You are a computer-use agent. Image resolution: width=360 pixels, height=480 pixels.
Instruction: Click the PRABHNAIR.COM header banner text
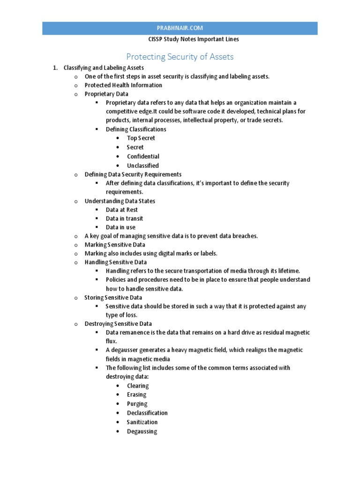point(180,28)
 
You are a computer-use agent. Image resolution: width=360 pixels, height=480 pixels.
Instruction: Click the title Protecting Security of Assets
point(180,57)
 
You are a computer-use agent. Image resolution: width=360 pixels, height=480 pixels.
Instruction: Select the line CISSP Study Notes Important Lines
point(180,39)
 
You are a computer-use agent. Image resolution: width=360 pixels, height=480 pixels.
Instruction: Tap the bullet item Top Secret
point(141,138)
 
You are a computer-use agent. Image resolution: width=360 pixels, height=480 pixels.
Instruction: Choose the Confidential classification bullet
point(143,157)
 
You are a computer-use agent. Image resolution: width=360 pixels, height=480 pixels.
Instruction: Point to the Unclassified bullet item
point(142,165)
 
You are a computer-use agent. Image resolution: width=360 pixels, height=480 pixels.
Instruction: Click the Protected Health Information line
point(123,85)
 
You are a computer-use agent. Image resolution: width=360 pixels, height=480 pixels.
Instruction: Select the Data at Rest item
point(121,210)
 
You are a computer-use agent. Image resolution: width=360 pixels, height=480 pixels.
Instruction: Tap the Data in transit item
point(124,218)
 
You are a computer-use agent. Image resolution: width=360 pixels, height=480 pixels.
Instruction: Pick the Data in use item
point(120,227)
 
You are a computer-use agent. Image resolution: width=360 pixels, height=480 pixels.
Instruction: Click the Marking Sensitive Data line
point(115,245)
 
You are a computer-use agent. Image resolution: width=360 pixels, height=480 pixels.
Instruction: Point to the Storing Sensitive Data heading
point(113,298)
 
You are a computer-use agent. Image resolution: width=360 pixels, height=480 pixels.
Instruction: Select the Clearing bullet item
point(138,386)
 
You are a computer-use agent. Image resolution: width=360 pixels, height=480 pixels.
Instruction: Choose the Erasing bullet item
point(136,395)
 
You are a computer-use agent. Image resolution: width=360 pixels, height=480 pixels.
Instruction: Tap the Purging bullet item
point(137,404)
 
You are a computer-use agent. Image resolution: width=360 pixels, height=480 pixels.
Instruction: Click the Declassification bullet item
point(147,413)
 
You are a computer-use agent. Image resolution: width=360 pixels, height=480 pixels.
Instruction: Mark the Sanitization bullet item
point(142,422)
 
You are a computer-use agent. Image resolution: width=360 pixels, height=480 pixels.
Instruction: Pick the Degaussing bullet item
point(142,431)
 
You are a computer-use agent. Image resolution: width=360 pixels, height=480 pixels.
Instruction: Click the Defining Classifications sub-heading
point(136,129)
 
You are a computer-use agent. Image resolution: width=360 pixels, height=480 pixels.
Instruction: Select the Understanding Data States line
point(120,201)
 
